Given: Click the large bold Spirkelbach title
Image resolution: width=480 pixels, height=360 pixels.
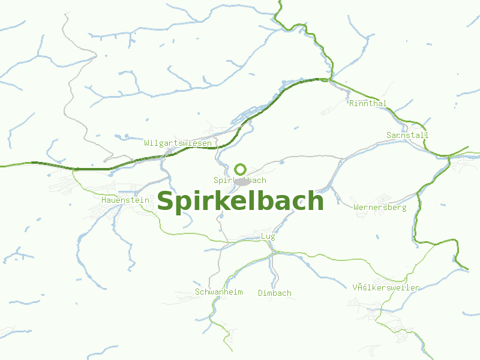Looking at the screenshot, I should click(240, 201).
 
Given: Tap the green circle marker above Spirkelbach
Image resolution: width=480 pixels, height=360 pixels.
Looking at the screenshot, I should click(240, 169).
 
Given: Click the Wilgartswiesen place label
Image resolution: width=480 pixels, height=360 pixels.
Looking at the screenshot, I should click(178, 143).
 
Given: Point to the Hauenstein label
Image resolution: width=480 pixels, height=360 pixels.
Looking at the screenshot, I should click(125, 199).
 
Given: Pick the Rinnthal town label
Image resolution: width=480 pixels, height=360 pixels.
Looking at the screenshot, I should click(368, 103).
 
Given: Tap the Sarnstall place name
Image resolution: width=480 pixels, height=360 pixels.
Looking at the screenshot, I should click(407, 135).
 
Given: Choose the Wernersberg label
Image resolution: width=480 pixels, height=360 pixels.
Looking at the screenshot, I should click(380, 208).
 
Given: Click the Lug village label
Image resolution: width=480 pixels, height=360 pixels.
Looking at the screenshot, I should click(268, 236).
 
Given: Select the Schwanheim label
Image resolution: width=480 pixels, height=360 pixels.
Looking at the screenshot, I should click(218, 292).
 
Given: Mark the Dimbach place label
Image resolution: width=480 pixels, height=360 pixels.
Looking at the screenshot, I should click(275, 293).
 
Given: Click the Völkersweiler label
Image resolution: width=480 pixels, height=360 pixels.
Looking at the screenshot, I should click(386, 287).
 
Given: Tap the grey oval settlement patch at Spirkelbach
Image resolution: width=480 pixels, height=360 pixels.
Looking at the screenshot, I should click(242, 181).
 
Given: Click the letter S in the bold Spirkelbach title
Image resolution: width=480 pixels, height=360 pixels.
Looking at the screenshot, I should click(166, 201).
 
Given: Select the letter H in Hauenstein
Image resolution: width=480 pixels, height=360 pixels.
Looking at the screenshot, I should click(104, 199).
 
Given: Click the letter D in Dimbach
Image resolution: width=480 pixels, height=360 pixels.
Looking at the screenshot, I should click(260, 293).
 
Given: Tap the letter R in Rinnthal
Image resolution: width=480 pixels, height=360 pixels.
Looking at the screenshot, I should click(352, 103).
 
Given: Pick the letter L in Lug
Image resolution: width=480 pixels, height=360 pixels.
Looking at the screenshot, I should click(263, 236).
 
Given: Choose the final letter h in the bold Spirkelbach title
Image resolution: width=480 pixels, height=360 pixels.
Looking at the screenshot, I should click(316, 201).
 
